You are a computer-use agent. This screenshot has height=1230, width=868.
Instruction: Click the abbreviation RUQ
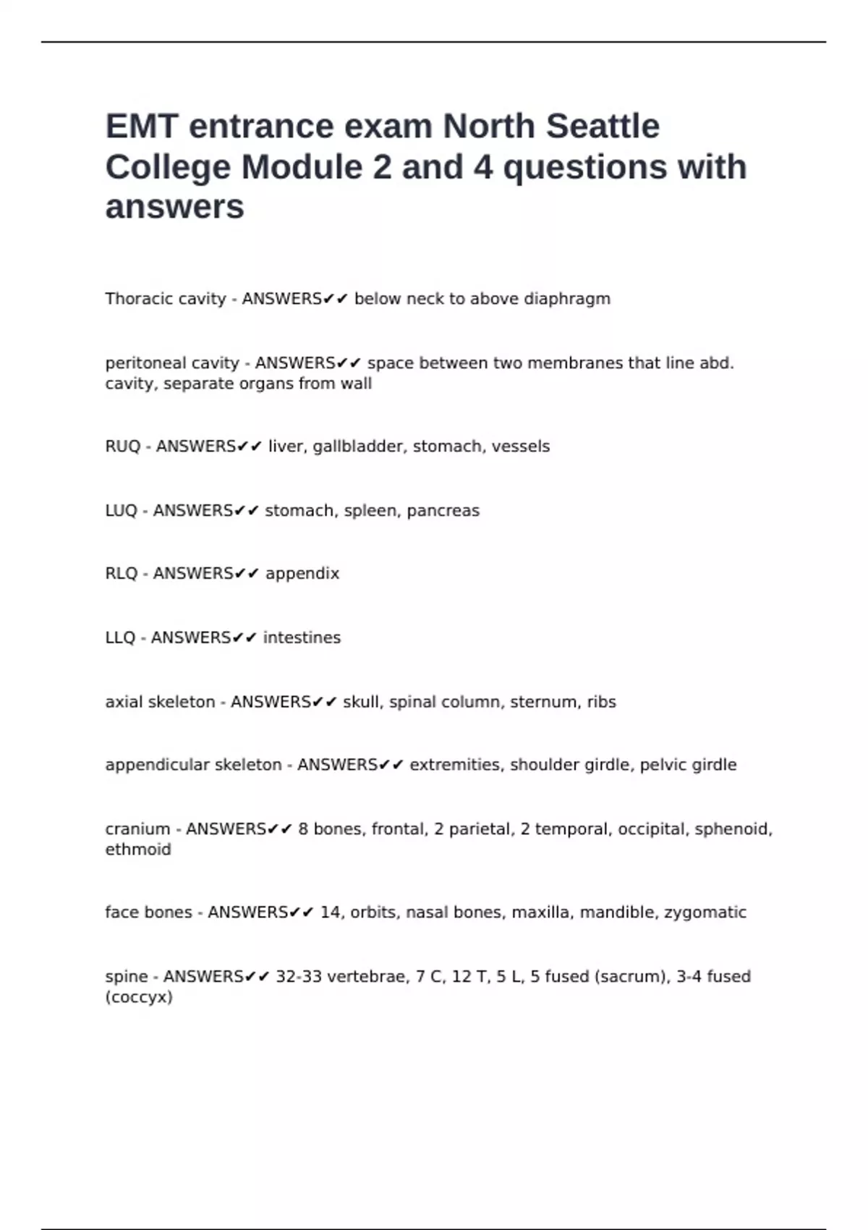(122, 446)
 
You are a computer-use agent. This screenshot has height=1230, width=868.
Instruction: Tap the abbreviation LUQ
(121, 511)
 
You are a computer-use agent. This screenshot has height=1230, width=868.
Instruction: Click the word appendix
(302, 574)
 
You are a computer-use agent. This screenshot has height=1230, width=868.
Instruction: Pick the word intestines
(301, 637)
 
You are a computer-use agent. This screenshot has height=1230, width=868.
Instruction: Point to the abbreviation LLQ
(120, 637)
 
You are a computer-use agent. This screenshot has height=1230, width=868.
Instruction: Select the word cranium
(137, 829)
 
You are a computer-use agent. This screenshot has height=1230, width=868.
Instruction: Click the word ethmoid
(138, 849)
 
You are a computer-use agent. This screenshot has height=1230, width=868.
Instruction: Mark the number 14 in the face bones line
(330, 912)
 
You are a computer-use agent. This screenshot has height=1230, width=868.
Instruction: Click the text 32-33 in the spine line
(299, 977)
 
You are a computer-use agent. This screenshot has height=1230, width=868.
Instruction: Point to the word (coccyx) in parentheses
(139, 997)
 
